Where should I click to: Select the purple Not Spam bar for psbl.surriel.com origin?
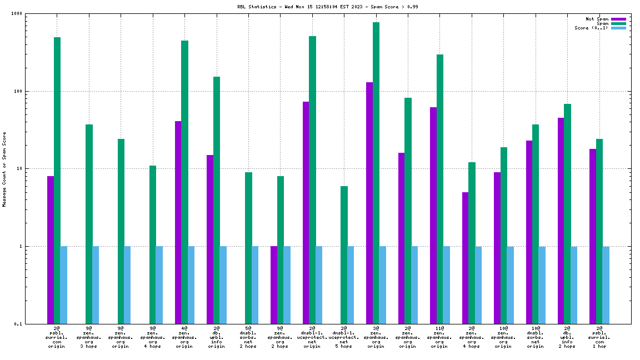point(51,249)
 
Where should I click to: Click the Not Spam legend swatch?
point(618,19)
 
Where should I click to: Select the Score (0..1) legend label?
point(591,28)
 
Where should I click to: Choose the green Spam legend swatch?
point(618,23)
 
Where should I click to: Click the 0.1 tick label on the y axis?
point(17,324)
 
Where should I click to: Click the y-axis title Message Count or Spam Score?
point(4,169)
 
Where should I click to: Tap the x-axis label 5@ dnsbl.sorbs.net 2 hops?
point(248,337)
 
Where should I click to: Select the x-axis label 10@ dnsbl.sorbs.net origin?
point(535,337)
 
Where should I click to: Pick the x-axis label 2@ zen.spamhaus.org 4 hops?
point(471,337)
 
